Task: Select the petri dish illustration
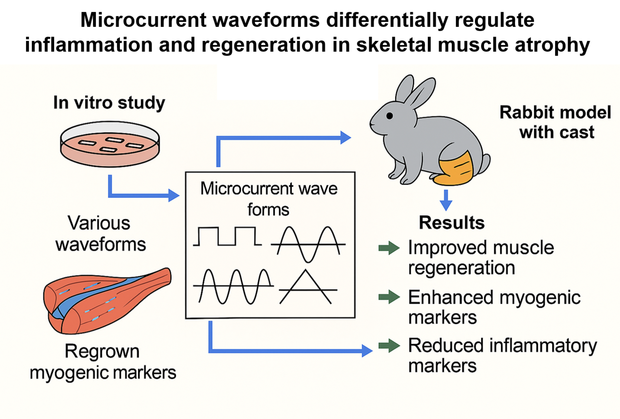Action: coord(110,144)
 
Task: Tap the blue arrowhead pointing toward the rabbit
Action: coord(346,138)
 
